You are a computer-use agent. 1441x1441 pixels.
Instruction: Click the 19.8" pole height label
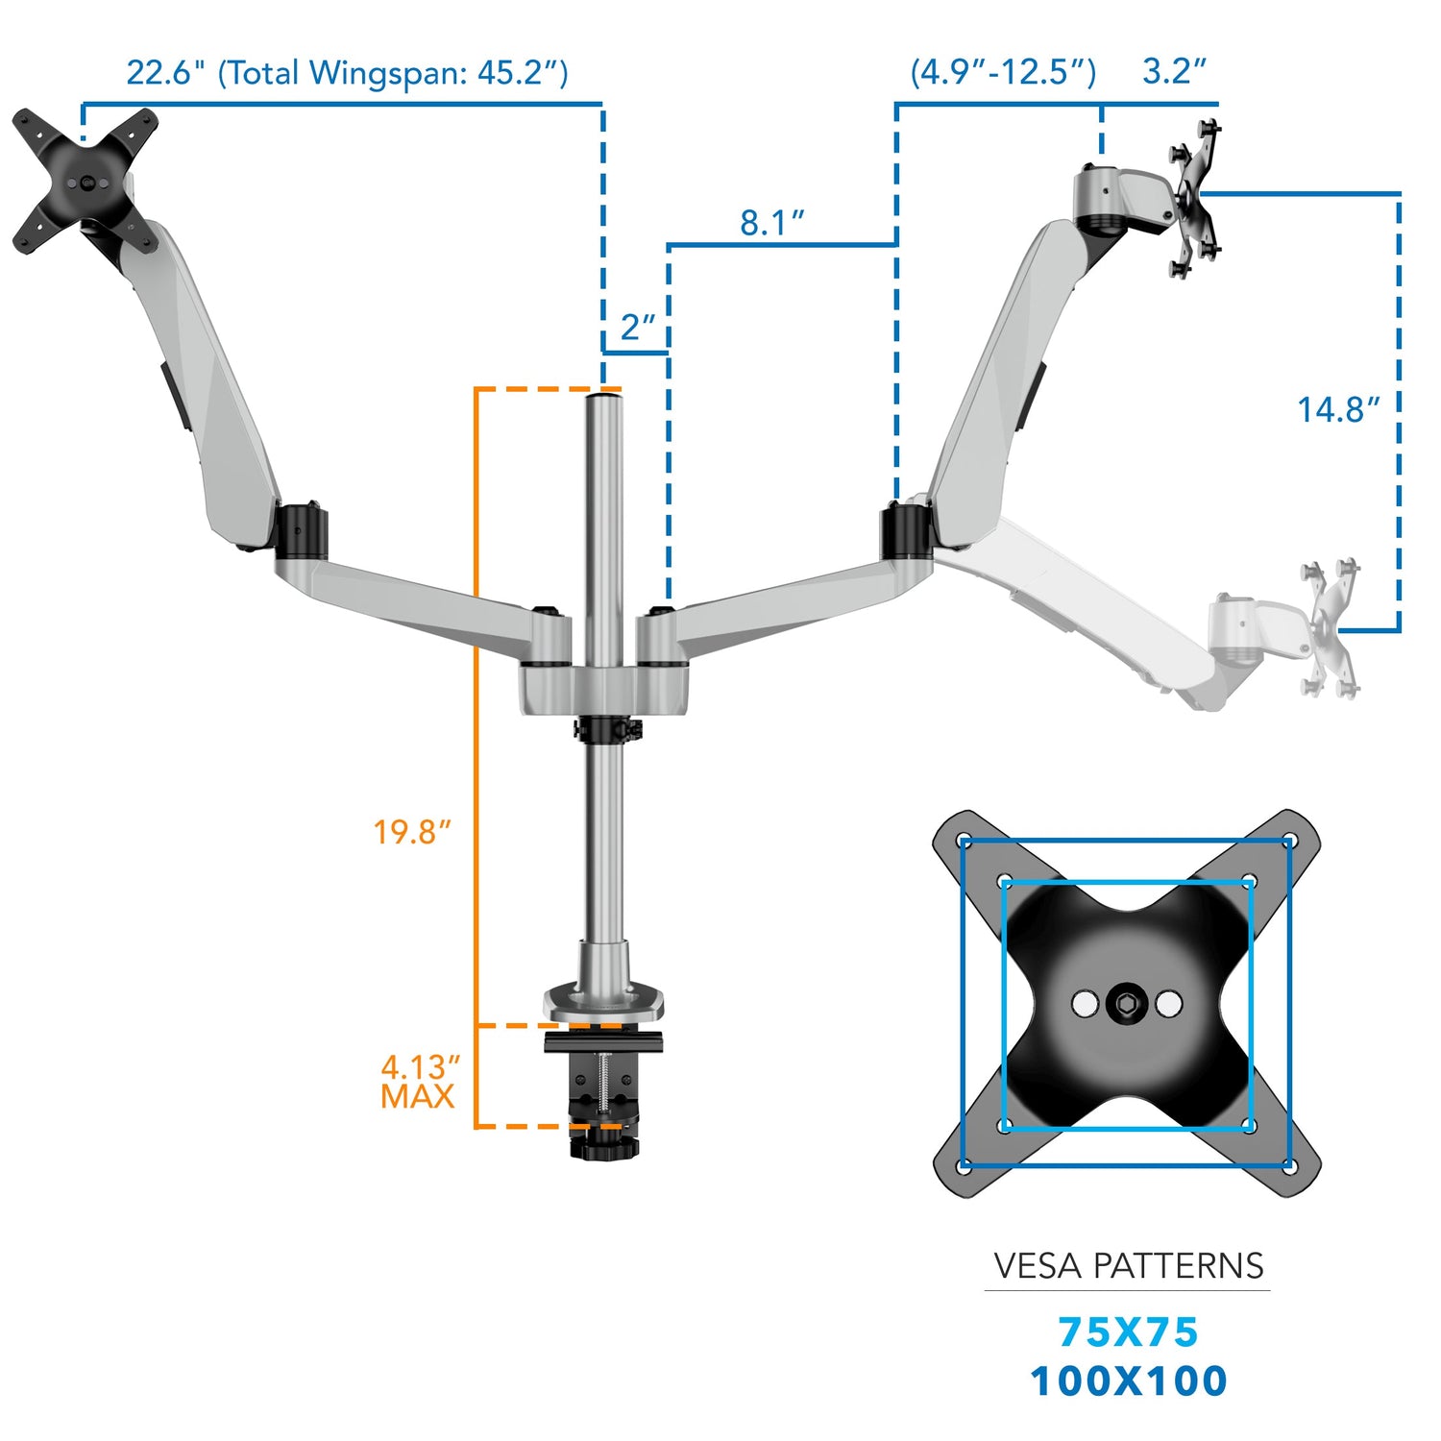click(x=411, y=832)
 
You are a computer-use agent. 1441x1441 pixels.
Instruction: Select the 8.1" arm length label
click(x=770, y=223)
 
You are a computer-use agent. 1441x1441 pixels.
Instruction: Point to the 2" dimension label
click(x=638, y=328)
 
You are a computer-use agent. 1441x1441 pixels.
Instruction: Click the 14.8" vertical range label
click(x=1338, y=410)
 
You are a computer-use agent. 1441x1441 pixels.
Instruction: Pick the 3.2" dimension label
click(x=1173, y=72)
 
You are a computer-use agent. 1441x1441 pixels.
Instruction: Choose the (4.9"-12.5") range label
click(x=1002, y=72)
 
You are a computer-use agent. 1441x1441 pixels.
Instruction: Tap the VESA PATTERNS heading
click(x=1128, y=1266)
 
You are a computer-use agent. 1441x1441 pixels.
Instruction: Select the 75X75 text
click(x=1128, y=1332)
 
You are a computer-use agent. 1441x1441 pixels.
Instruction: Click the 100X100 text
click(x=1128, y=1381)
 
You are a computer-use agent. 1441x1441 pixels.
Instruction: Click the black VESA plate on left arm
click(x=85, y=181)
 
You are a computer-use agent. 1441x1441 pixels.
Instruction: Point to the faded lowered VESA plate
click(x=1330, y=629)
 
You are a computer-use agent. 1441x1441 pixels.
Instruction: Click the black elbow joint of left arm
click(x=300, y=530)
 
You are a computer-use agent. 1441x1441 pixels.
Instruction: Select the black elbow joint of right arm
click(x=905, y=531)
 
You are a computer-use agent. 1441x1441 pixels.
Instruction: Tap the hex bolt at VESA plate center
click(x=1126, y=1005)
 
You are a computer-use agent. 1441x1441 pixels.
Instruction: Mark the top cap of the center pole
click(x=604, y=394)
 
